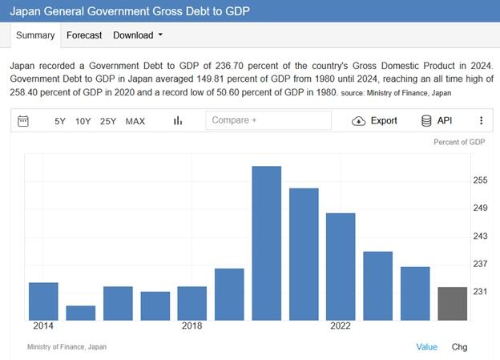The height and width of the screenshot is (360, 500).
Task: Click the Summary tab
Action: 35,35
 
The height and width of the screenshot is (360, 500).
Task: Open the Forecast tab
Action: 84,35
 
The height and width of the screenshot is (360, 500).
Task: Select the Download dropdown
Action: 138,35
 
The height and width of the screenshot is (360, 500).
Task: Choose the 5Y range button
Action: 60,121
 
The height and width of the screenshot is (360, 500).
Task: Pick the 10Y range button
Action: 83,121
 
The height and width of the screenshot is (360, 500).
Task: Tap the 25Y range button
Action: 108,121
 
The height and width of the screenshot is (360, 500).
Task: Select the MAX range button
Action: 135,121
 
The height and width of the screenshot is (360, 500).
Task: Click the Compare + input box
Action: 268,120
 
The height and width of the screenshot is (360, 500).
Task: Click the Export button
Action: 374,121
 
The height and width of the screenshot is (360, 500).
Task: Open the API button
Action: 437,121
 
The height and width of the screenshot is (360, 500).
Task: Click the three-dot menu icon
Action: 481,121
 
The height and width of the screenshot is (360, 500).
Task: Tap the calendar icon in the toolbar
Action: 23,121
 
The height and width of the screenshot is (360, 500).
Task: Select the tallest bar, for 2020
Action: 266,243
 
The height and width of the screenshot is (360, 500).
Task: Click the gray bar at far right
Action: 452,303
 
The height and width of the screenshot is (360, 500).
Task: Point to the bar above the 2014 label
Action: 43,301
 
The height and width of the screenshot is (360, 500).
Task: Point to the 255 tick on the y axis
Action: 480,180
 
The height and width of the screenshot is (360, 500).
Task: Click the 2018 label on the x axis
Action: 192,326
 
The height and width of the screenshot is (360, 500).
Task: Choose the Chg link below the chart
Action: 459,347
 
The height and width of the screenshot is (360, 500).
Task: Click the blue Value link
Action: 426,347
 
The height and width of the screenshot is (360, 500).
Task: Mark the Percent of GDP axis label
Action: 459,143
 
